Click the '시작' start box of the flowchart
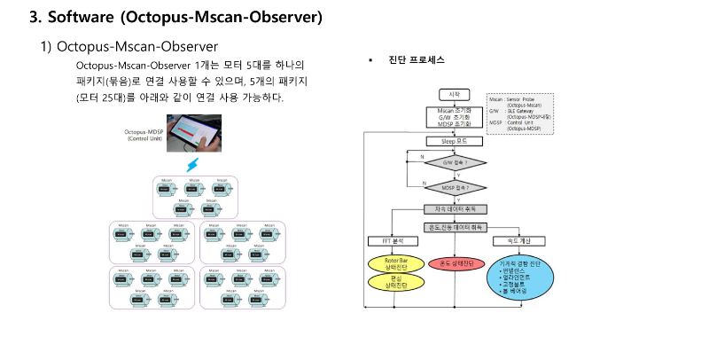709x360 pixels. pyautogui.click(x=454, y=94)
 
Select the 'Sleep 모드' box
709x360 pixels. pyautogui.click(x=454, y=141)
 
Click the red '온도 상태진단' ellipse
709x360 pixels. pyautogui.click(x=455, y=263)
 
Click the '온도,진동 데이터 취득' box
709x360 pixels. pyautogui.click(x=455, y=226)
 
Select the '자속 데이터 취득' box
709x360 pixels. pyautogui.click(x=454, y=209)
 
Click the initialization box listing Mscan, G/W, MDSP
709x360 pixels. pyautogui.click(x=454, y=117)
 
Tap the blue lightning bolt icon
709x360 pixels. pyautogui.click(x=191, y=165)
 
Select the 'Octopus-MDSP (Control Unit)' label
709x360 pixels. pyautogui.click(x=144, y=136)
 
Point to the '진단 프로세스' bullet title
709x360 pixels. pyautogui.click(x=416, y=60)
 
